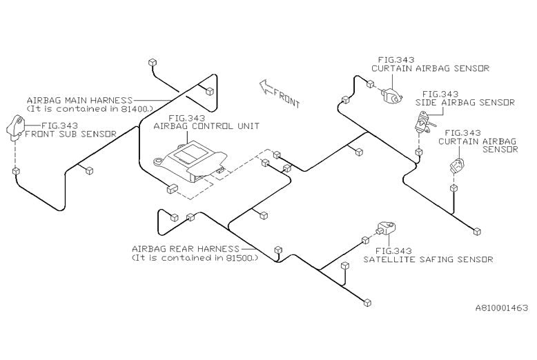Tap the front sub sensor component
tap(17, 128)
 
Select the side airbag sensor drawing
tap(419, 123)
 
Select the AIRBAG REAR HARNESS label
tap(186, 248)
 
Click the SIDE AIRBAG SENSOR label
tap(465, 102)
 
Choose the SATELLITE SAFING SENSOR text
tap(428, 260)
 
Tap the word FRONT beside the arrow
tap(286, 97)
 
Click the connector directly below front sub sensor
tap(15, 170)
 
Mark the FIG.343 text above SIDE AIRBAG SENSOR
tap(440, 94)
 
